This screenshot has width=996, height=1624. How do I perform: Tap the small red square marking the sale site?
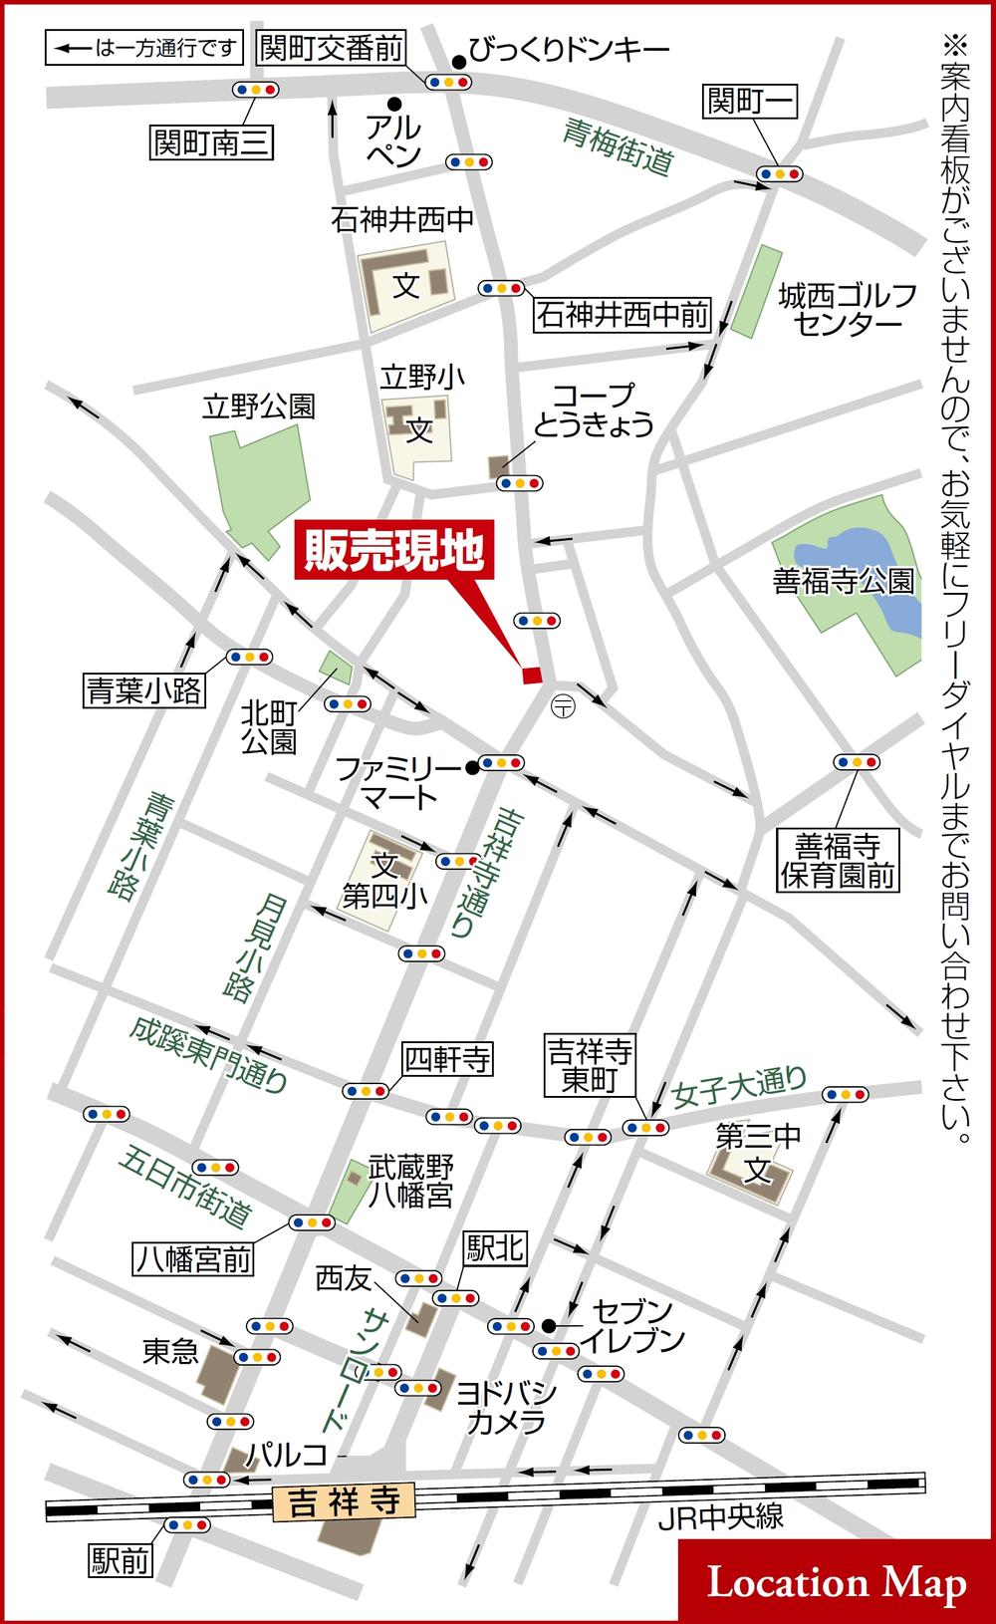pos(532,676)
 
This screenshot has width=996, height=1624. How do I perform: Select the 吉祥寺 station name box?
pos(343,1502)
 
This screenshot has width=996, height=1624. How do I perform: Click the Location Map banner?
pos(836,1582)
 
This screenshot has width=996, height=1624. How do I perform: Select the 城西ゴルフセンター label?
pos(847,309)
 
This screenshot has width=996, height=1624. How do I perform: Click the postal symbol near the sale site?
pos(562,705)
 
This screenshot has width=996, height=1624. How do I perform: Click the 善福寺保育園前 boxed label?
pos(838,861)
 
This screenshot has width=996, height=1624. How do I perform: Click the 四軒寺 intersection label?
pos(447,1059)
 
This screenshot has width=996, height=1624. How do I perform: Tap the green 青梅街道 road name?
pos(618,147)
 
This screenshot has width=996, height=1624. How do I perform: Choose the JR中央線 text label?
pos(721,1517)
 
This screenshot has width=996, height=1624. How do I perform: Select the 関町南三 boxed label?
pos(211,142)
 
